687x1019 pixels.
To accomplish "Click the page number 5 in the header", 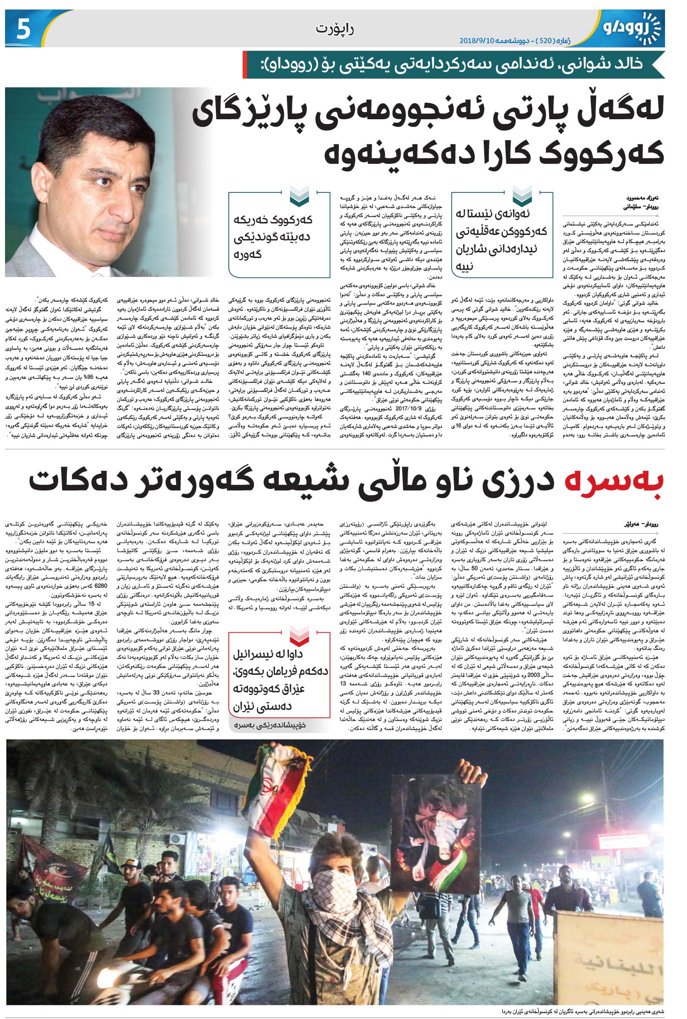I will click(24, 29).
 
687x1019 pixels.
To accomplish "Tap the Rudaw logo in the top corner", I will click(632, 29).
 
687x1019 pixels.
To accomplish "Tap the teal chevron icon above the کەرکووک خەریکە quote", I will click(299, 196).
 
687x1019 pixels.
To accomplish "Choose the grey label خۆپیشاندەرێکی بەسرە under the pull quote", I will click(279, 724).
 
